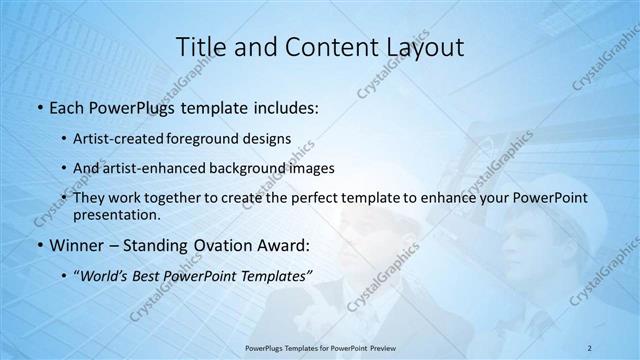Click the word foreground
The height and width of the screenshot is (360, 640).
coord(225,138)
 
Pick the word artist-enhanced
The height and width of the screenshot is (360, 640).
coord(177,168)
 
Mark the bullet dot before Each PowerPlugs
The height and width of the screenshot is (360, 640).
coord(39,107)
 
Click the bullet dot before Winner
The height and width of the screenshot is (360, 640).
coord(39,245)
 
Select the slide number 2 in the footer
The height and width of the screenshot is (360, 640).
coord(591,347)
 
